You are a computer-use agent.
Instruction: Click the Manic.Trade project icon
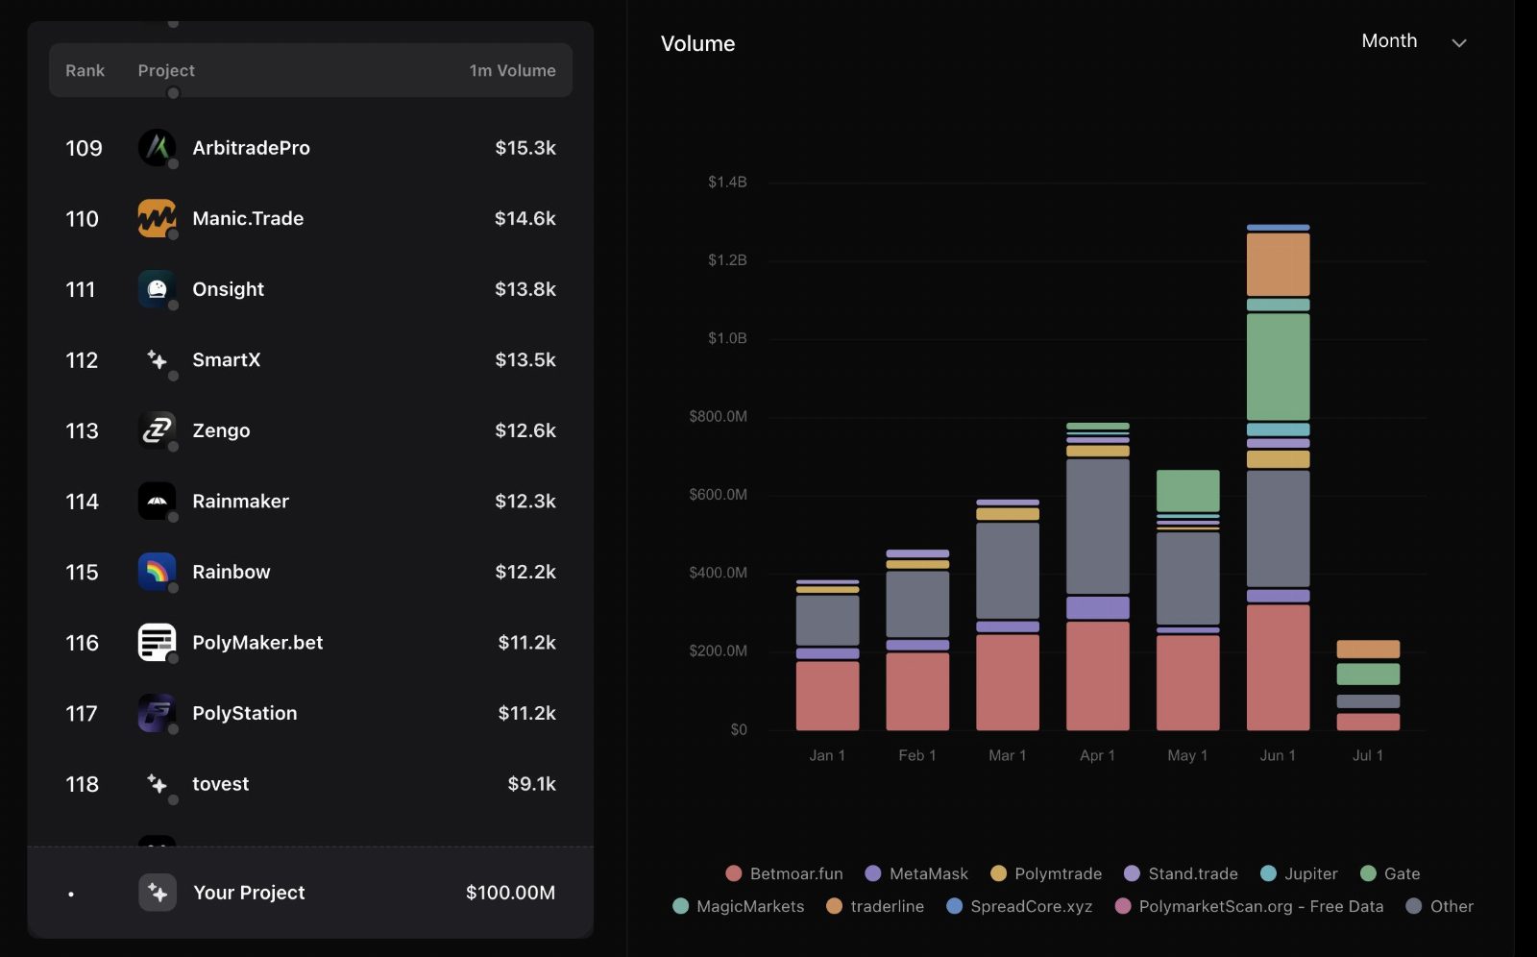(157, 218)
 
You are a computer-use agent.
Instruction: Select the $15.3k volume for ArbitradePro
(525, 148)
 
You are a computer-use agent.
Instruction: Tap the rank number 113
(82, 430)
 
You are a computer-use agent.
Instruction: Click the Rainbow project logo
(157, 572)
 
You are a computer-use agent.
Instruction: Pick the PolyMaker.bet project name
(257, 643)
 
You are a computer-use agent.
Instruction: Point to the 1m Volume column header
(512, 70)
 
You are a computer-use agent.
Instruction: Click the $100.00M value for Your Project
(510, 893)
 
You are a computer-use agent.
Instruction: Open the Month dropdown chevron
(1459, 42)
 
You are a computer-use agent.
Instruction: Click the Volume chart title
(697, 43)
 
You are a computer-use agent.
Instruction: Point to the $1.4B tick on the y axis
(726, 182)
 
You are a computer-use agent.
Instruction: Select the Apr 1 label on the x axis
(1096, 755)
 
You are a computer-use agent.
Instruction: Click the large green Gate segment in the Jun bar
(1278, 367)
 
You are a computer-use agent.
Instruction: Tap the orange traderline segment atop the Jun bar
(1278, 264)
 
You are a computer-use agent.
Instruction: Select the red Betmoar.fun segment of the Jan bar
(827, 696)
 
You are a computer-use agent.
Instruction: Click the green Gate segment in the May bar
(1187, 490)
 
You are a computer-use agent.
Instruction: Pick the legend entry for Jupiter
(1299, 873)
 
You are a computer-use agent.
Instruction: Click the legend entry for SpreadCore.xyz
(1019, 906)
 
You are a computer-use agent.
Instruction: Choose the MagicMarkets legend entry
(739, 906)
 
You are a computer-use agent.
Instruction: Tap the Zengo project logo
(157, 430)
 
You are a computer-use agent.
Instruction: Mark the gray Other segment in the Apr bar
(1097, 526)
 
